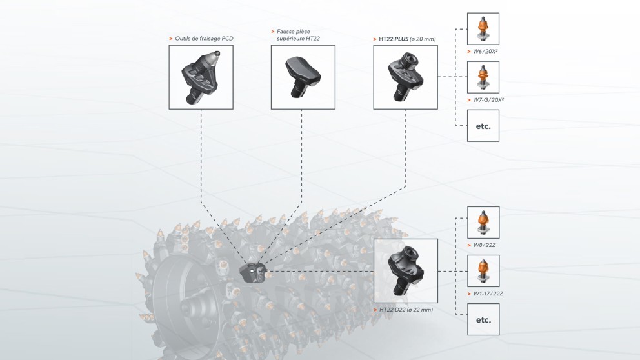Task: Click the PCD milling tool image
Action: [x=201, y=77]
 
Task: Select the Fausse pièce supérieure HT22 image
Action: [x=303, y=77]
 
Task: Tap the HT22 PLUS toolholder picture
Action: [x=405, y=77]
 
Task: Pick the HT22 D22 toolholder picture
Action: [x=405, y=271]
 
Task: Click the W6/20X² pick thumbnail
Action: [x=483, y=29]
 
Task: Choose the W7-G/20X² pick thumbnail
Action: [x=483, y=77]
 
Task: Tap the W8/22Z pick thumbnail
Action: [x=483, y=223]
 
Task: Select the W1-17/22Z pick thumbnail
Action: [x=483, y=271]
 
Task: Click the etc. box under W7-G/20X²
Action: [x=483, y=126]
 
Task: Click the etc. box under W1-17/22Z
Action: [x=483, y=319]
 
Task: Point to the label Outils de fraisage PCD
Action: [x=203, y=39]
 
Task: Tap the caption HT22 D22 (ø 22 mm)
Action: [x=406, y=310]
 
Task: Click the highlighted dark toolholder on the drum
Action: [x=252, y=273]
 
